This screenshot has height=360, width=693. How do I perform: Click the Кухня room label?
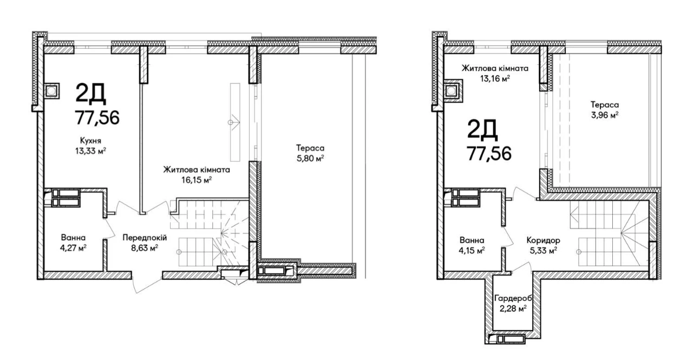point(90,141)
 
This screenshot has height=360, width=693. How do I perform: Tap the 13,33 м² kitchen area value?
point(90,151)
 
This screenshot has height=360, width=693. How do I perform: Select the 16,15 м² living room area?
point(197,180)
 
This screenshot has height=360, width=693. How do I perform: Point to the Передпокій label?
point(145,238)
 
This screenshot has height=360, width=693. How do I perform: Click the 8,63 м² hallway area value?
point(145,248)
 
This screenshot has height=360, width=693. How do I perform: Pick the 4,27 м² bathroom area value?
point(73,248)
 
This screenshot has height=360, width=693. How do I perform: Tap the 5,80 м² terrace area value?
point(310,159)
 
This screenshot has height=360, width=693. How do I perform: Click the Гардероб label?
point(513,298)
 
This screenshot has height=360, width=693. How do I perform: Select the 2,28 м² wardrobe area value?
point(513,309)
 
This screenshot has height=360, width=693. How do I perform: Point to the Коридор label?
point(543,240)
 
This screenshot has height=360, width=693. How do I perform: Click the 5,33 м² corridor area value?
point(543,251)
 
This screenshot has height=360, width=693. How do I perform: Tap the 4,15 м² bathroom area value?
point(472,251)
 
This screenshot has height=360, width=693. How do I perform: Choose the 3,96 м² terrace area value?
point(605,115)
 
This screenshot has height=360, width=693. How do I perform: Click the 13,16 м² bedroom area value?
point(495,78)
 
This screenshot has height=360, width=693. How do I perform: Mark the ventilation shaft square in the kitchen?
point(51,91)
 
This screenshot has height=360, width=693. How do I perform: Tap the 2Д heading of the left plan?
point(90,93)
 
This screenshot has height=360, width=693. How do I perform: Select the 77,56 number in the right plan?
point(489,154)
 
